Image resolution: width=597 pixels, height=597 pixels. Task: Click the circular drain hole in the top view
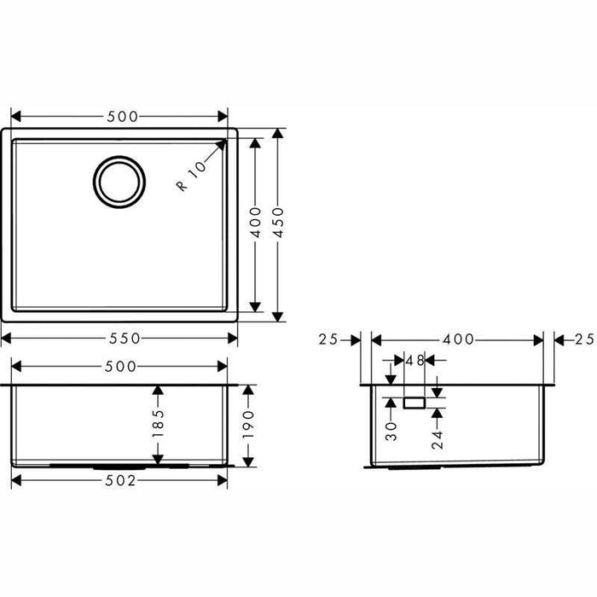[119, 181]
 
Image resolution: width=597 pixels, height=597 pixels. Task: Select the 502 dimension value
[120, 481]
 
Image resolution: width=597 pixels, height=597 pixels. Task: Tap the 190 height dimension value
[248, 422]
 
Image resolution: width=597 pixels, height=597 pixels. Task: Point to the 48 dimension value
[414, 361]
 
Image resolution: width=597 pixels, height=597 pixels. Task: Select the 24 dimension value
[437, 440]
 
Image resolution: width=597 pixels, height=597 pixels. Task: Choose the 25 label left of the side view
[327, 339]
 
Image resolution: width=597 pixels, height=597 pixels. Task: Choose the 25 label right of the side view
[583, 339]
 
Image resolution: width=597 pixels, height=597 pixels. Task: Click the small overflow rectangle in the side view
[414, 401]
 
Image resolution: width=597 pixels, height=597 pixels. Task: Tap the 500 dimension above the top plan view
[119, 116]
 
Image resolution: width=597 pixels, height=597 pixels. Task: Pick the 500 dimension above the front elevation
[119, 367]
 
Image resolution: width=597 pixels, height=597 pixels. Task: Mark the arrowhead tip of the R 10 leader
[227, 140]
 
